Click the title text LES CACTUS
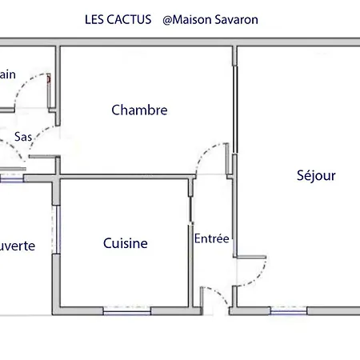(x=118, y=18)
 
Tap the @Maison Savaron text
(x=210, y=18)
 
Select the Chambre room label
(x=139, y=110)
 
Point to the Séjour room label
(x=316, y=176)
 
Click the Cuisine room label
(x=126, y=243)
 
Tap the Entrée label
(x=212, y=238)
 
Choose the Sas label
(x=23, y=137)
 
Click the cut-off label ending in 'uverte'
(x=17, y=246)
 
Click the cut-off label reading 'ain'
(x=8, y=74)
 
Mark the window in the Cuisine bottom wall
(x=126, y=310)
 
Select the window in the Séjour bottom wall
(x=289, y=310)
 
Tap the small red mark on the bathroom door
(x=50, y=78)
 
